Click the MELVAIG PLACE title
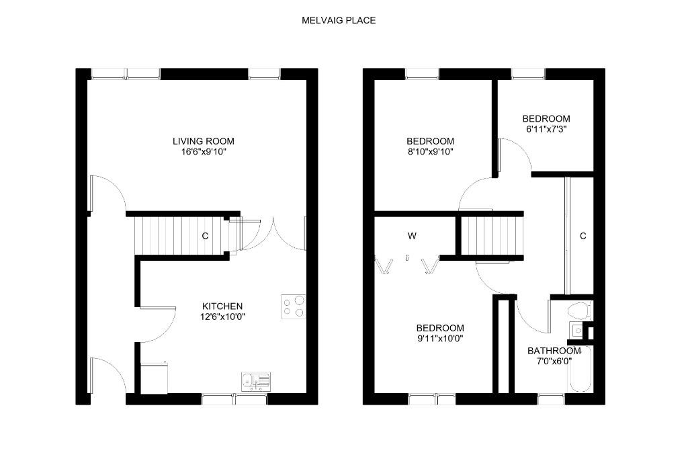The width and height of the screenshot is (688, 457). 339,20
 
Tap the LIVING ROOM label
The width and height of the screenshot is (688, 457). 203,141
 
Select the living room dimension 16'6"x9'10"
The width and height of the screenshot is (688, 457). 203,152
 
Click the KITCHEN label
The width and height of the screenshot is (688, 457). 222,306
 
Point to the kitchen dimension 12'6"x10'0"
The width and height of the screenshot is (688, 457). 222,317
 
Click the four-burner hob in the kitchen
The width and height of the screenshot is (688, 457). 294,306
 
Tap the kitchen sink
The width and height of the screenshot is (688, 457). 256,382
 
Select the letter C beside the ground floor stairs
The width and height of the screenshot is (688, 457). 205,236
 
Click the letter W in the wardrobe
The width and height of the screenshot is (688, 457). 412,236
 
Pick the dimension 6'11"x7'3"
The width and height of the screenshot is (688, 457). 546,129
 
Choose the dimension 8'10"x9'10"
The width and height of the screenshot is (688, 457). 430,152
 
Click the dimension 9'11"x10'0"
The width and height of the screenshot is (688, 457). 440,339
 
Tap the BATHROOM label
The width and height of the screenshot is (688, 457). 554,351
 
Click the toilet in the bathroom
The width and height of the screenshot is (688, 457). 578,310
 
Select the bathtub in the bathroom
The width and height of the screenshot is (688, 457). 580,370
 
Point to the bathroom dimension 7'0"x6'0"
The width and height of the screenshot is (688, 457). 554,362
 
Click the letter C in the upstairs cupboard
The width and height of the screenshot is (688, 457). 583,236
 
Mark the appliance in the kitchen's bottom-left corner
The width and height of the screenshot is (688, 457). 154,378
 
